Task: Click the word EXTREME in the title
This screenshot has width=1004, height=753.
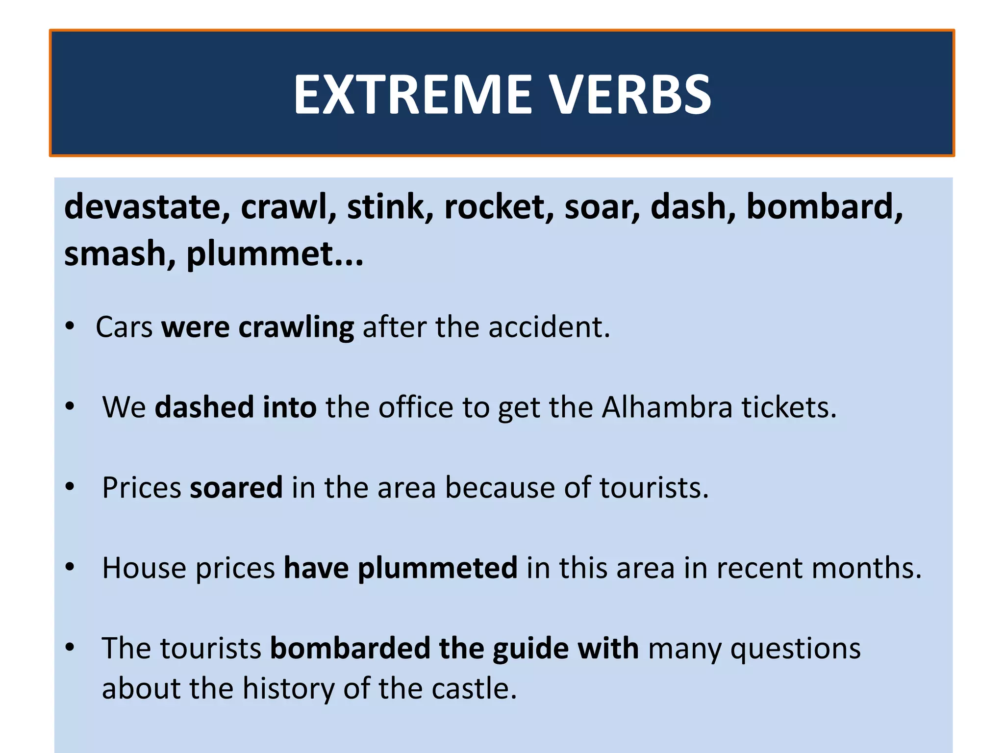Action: coord(412,94)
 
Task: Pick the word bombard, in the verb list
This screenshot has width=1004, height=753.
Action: coord(824,206)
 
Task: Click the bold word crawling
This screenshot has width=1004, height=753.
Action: coord(296,327)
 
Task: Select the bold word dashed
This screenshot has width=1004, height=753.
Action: coord(204,407)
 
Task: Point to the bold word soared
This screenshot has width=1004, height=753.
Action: coord(236,488)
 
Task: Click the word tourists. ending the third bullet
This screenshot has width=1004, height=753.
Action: coord(654,488)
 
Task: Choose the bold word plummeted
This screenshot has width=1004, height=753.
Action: coord(437,568)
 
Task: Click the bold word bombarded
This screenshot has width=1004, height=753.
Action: coord(350,649)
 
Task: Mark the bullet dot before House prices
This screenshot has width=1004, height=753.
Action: coord(70,567)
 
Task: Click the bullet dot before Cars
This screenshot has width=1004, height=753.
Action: coord(70,326)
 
